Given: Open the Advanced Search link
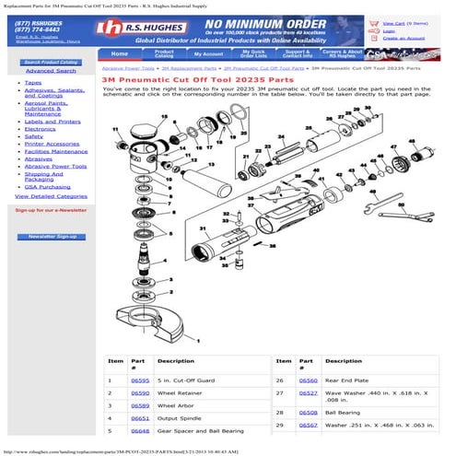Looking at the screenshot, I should [x=51, y=70].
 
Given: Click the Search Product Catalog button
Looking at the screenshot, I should [x=51, y=62].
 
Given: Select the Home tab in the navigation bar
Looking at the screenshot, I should [x=120, y=53].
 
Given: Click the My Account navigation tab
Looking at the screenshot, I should [x=207, y=54].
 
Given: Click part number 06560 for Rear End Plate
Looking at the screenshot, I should [x=308, y=380].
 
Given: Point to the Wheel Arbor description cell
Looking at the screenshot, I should [x=175, y=405].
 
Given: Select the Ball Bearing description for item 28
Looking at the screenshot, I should [x=342, y=413].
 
